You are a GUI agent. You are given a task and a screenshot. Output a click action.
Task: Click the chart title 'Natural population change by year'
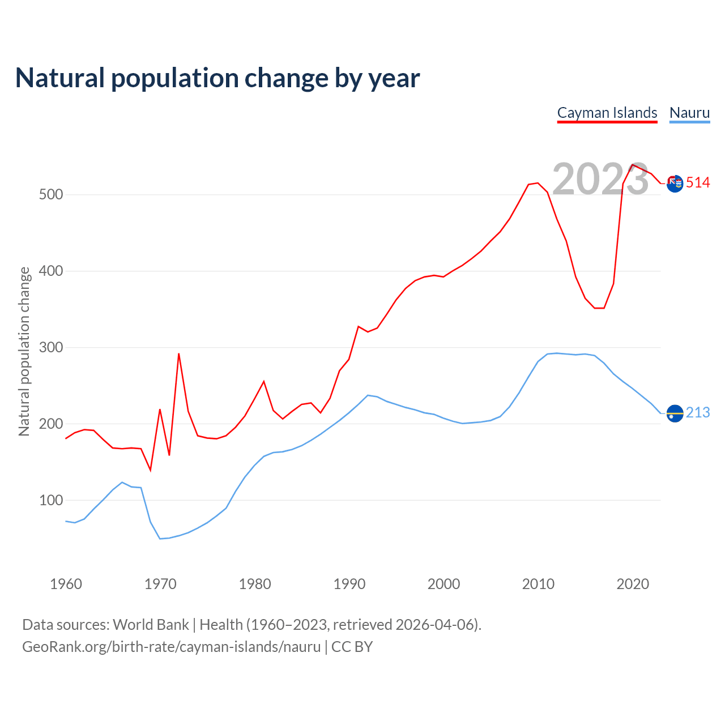click(217, 78)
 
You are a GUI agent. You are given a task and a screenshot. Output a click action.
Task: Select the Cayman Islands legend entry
click(607, 113)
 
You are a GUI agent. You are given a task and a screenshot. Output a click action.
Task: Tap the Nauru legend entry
click(689, 113)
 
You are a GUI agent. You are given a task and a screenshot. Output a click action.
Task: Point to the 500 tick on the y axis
click(51, 195)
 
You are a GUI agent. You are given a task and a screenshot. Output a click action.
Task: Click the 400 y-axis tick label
click(51, 271)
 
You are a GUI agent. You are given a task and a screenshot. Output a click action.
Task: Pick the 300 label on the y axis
click(51, 348)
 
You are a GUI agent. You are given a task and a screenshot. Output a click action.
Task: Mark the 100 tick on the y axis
click(51, 501)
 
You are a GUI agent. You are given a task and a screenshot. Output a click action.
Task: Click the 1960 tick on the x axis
click(66, 584)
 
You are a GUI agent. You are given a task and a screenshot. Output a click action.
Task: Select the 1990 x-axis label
click(349, 584)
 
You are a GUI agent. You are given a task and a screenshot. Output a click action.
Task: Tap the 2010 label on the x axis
click(538, 584)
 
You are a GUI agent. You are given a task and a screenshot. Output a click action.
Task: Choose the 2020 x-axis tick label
click(633, 584)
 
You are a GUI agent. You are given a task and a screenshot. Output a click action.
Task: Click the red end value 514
click(698, 183)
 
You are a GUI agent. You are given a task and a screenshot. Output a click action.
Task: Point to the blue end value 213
click(698, 413)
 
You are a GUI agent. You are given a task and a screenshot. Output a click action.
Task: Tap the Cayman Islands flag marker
click(675, 184)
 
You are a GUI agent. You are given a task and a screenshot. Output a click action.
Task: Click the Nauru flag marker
click(675, 413)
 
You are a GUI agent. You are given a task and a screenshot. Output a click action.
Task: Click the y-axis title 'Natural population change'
click(24, 352)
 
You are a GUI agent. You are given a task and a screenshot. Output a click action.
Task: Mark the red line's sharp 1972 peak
click(178, 354)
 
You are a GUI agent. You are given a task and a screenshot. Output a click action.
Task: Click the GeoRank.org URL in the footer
click(171, 647)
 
